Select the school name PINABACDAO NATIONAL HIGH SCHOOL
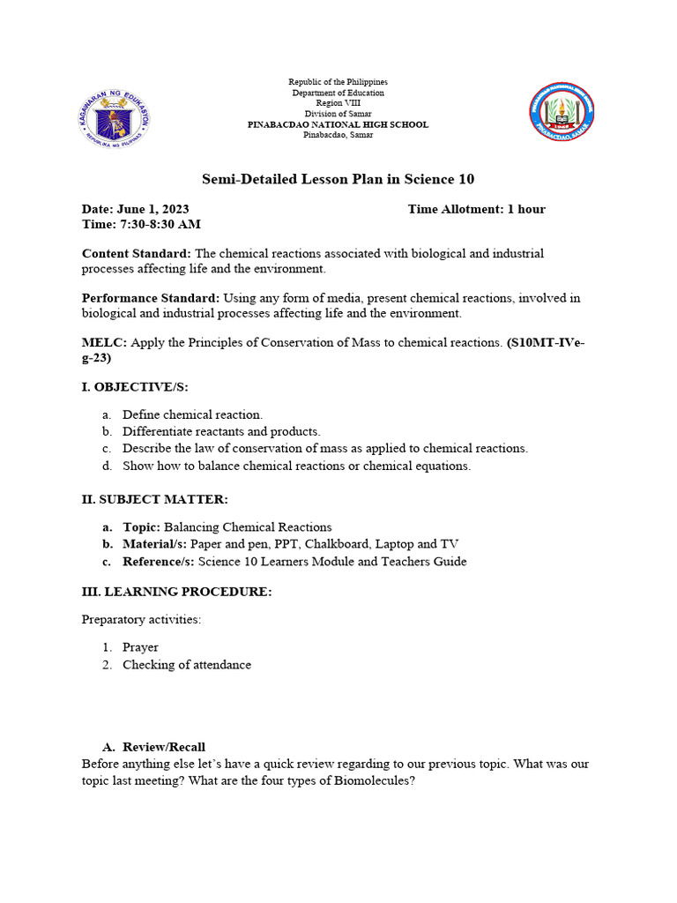tap(338, 124)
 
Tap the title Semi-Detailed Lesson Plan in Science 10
tap(338, 179)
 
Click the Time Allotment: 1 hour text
tap(476, 209)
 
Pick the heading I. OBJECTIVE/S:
tap(135, 386)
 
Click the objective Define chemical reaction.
tap(192, 414)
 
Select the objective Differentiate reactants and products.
tap(221, 431)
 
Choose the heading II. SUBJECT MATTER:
tap(154, 499)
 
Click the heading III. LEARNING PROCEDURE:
tap(176, 592)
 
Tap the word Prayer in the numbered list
tap(140, 647)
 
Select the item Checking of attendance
tap(186, 665)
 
